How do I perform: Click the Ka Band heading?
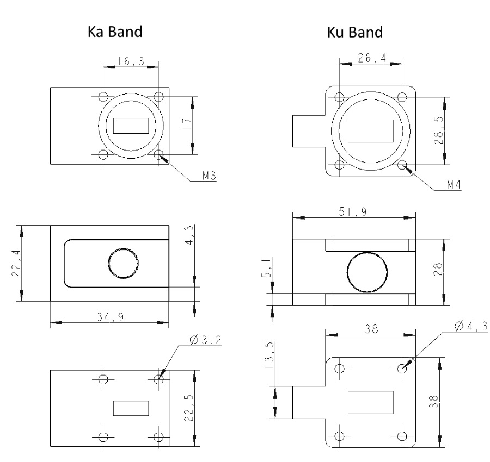pyautogui.click(x=115, y=32)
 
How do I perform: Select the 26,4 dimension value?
pyautogui.click(x=370, y=58)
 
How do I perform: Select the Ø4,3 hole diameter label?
pyautogui.click(x=471, y=326)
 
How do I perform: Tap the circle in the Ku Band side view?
pyautogui.click(x=368, y=271)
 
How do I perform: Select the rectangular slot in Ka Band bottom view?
pyautogui.click(x=131, y=408)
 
